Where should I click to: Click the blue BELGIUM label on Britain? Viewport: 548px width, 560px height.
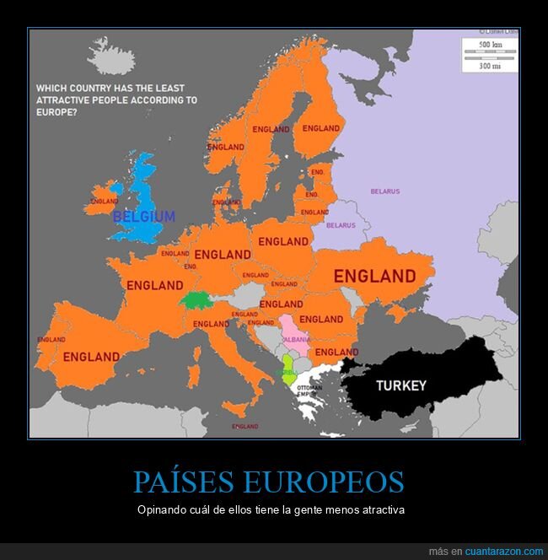pyautogui.click(x=144, y=216)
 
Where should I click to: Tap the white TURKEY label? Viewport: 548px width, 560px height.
pyautogui.click(x=400, y=385)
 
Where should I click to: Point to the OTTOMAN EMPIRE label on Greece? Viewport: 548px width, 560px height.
pyautogui.click(x=309, y=390)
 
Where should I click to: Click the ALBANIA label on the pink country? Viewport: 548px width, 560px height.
pyautogui.click(x=296, y=338)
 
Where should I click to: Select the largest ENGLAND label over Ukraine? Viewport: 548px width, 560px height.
pyautogui.click(x=374, y=276)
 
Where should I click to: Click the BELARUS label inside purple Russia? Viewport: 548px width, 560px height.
pyautogui.click(x=384, y=191)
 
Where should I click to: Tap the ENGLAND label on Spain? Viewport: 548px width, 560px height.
pyautogui.click(x=91, y=356)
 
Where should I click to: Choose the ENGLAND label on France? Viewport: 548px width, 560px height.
pyautogui.click(x=154, y=285)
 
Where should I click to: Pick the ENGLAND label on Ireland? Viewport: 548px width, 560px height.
pyautogui.click(x=104, y=202)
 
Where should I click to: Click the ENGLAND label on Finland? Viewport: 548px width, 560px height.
pyautogui.click(x=320, y=128)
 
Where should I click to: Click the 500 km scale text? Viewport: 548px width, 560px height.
pyautogui.click(x=491, y=44)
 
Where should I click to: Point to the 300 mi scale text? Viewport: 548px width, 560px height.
pyautogui.click(x=491, y=64)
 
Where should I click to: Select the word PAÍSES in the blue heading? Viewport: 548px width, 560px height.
pyautogui.click(x=181, y=482)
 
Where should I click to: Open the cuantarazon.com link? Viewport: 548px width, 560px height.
pyautogui.click(x=503, y=551)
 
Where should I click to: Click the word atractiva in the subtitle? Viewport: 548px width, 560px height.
pyautogui.click(x=381, y=510)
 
